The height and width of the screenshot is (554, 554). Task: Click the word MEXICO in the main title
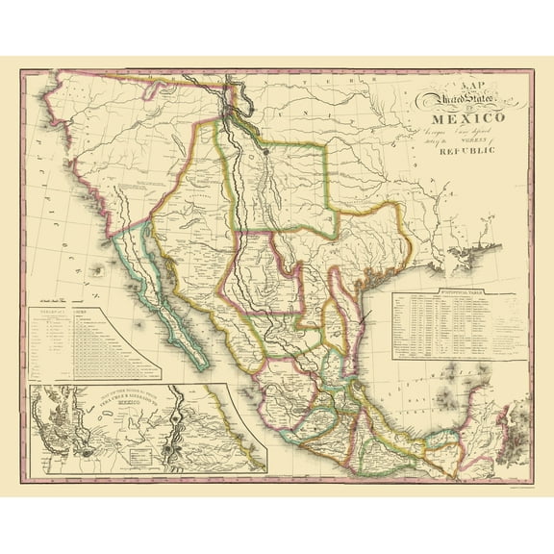click(x=453, y=119)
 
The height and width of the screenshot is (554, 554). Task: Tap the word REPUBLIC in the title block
click(x=466, y=151)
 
